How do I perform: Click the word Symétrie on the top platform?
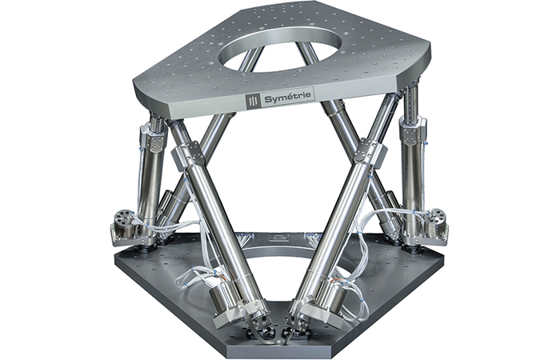pyautogui.click(x=290, y=98)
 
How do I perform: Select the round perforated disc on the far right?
pyautogui.click(x=437, y=217)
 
